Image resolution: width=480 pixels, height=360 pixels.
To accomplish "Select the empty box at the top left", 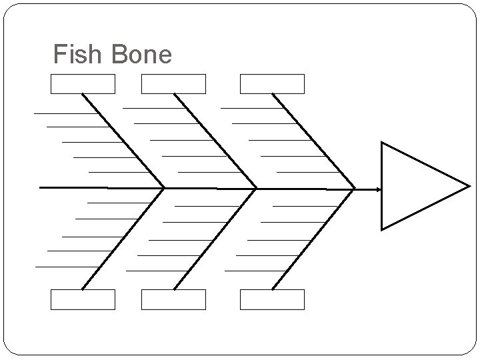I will (83, 84).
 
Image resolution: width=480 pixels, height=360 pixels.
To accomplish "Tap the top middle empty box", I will (173, 84).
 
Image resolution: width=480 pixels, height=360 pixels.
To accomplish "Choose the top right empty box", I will (272, 84).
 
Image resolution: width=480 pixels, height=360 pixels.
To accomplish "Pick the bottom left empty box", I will (83, 299).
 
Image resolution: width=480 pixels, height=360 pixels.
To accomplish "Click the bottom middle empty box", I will (173, 299).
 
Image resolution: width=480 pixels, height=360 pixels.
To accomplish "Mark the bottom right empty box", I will (272, 299).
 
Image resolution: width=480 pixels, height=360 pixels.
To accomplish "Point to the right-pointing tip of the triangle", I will (469, 186).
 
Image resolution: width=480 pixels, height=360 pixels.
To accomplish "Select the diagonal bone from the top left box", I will (123, 141).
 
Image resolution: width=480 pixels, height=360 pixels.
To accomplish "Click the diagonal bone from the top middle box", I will (215, 141).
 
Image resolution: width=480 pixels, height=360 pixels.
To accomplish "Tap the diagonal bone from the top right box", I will (313, 141).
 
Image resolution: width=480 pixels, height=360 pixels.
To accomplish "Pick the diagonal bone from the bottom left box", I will (123, 239).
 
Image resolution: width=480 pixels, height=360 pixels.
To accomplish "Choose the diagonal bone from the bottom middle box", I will (215, 239).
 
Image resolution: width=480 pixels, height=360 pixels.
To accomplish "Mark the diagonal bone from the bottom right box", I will (313, 239).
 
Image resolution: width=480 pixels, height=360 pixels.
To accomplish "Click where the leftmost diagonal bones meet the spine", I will (165, 188).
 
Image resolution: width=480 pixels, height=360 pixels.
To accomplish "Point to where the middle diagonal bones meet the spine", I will (257, 189).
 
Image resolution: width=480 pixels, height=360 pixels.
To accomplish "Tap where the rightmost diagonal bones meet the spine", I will (354, 189).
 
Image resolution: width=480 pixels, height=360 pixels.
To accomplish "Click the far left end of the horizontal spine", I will (41, 188).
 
